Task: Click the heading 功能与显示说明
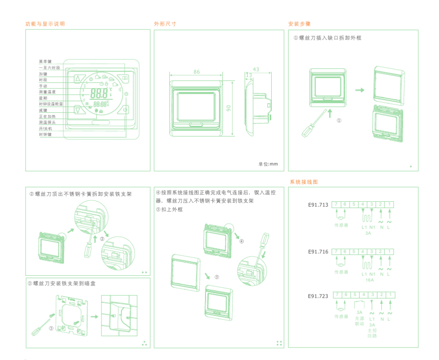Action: coord(45,24)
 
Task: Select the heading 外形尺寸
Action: coord(165,24)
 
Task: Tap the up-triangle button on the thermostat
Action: coord(78,78)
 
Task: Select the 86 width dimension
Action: coord(196,72)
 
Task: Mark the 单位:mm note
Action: coord(268,164)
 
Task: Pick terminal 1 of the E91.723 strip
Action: coord(389,295)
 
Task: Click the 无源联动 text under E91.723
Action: coord(359,320)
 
